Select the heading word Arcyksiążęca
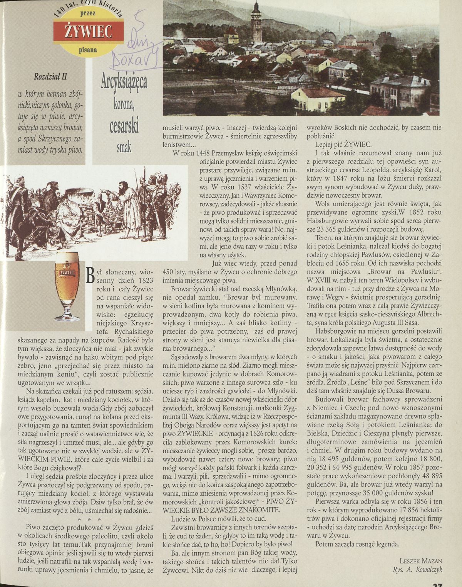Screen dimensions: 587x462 (124, 82)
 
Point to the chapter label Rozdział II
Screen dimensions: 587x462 (50, 76)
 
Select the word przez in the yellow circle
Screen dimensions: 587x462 (88, 13)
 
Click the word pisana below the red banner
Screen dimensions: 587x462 (88, 50)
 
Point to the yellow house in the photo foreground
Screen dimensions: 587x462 (313, 98)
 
